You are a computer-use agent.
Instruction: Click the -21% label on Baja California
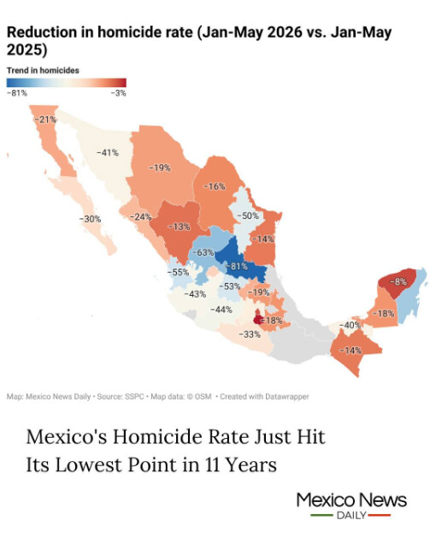pos(45,120)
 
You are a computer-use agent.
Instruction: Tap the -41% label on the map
pos(108,152)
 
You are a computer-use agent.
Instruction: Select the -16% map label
pos(215,186)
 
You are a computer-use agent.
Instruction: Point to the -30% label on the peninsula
pos(90,219)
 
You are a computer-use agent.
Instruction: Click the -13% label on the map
pos(179,227)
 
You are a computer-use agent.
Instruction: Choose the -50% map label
pos(248,216)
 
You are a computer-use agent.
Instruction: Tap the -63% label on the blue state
pos(203,252)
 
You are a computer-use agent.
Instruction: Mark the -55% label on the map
pos(178,272)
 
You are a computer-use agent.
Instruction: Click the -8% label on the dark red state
pos(398,281)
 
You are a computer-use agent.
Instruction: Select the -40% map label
pos(350,324)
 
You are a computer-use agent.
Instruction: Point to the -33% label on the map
pos(250,334)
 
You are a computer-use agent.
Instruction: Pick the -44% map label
pos(221,310)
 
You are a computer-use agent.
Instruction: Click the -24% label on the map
pos(140,217)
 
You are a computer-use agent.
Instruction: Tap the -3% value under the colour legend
pos(119,93)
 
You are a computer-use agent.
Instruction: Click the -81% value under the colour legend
pos(17,93)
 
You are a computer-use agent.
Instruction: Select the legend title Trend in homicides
pos(43,70)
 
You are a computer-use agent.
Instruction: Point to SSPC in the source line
pos(134,397)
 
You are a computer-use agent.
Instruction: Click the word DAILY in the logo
pos(351,516)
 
